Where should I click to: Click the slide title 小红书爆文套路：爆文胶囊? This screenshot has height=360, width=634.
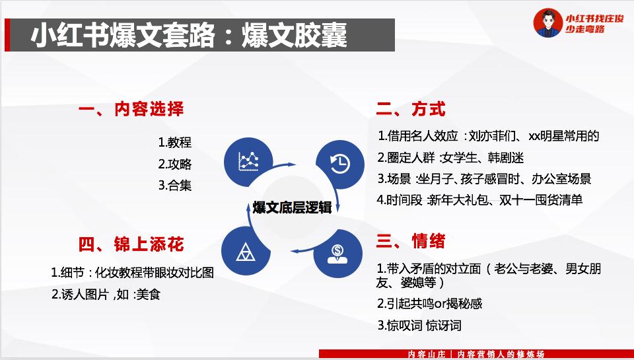coord(189,35)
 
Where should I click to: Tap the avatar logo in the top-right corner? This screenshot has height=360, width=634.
coord(548,23)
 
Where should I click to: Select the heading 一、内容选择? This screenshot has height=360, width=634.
coord(131,110)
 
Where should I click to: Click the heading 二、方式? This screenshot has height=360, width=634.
coord(411,110)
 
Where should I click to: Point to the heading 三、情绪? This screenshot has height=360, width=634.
coord(411,241)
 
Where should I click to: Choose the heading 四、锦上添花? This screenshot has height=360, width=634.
coord(131,244)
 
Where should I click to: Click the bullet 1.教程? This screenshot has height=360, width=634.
coord(174,143)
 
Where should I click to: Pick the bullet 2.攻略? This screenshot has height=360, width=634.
coord(174,164)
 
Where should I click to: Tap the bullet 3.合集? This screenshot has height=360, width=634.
coord(174,186)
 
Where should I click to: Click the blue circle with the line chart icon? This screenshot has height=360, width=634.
coord(249,161)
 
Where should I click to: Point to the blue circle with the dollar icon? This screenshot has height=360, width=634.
coord(338,254)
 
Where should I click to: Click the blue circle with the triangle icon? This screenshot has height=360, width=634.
coord(246,251)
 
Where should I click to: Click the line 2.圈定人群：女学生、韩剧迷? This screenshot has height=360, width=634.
coord(450,157)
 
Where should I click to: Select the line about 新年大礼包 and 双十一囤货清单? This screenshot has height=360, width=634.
coord(479,200)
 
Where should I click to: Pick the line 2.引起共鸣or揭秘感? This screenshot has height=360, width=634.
coord(429,304)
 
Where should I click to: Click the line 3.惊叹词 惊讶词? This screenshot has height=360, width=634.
coord(419,326)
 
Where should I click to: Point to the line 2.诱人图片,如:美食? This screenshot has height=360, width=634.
coord(106,295)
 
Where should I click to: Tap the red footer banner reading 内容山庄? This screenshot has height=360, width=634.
coord(476,354)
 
